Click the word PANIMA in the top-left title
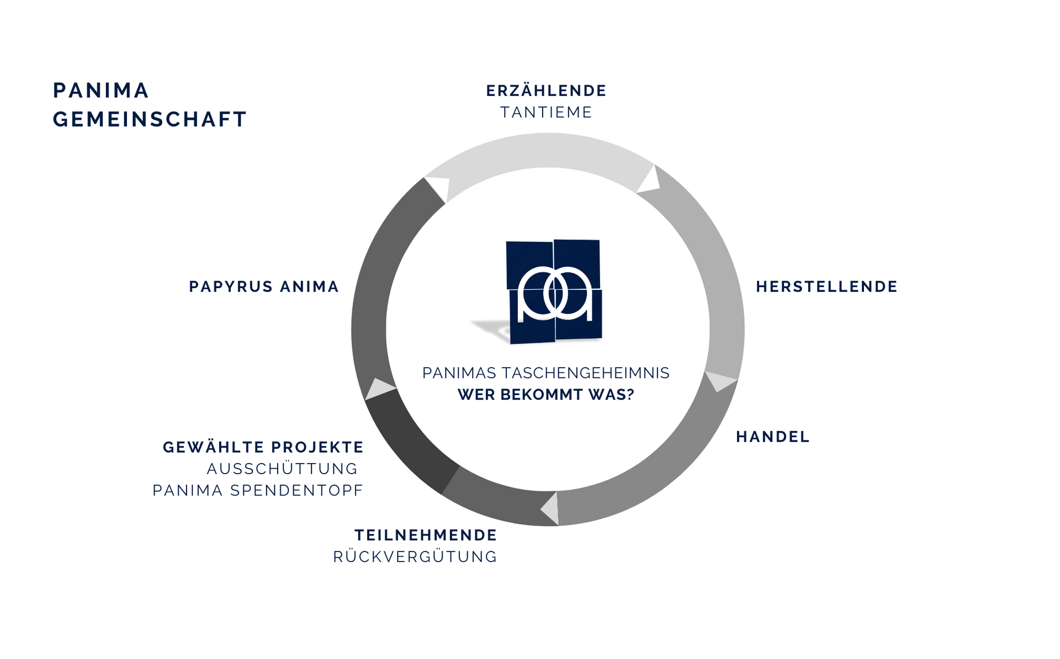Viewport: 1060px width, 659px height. click(x=101, y=91)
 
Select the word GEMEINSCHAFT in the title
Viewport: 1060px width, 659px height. click(x=150, y=119)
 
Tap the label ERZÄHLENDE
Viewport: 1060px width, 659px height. click(x=546, y=91)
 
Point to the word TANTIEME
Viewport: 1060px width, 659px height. click(x=546, y=112)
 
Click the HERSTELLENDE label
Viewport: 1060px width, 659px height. click(x=826, y=286)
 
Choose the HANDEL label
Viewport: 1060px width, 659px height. click(x=772, y=437)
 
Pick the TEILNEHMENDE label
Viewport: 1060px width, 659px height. click(x=426, y=535)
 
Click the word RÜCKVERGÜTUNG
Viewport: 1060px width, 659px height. click(x=415, y=556)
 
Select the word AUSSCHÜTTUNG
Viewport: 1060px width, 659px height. click(x=282, y=469)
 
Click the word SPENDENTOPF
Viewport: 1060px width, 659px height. click(x=296, y=490)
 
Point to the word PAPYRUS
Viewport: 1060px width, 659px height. click(x=231, y=286)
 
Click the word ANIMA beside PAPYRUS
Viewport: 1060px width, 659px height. click(x=309, y=286)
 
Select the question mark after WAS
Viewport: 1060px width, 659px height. click(x=630, y=395)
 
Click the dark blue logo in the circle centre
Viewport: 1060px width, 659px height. click(x=554, y=291)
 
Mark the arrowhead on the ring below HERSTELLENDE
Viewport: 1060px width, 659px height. click(x=719, y=381)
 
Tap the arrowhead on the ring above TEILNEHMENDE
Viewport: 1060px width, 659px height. click(x=550, y=508)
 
